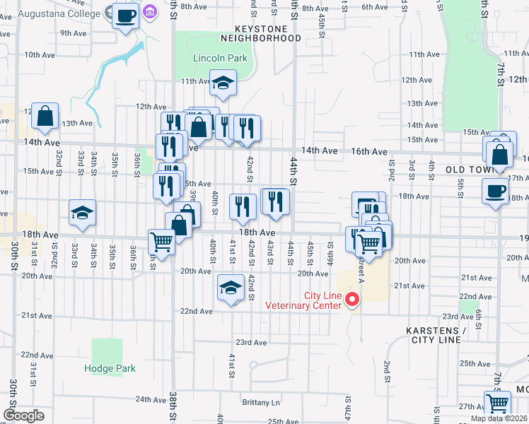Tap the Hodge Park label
(110, 368)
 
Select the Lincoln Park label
(221, 58)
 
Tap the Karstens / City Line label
(436, 335)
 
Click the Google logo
(23, 415)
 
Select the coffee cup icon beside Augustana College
(125, 15)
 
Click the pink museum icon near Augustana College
(150, 11)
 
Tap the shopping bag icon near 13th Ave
(45, 117)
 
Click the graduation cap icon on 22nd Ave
(230, 288)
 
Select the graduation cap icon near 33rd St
(82, 213)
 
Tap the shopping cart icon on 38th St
(162, 242)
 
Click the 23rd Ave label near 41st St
(251, 343)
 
